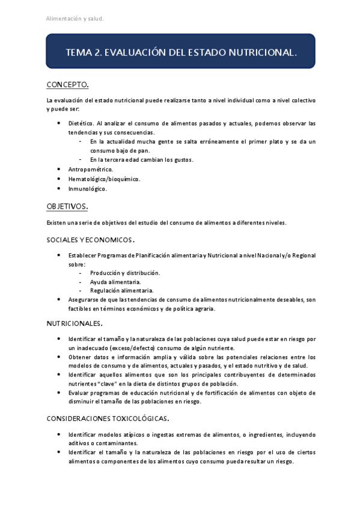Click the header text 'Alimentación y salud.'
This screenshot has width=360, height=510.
coord(75,19)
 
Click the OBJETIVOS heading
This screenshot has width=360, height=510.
coord(68,206)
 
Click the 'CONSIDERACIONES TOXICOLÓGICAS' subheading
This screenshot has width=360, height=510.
coord(107,418)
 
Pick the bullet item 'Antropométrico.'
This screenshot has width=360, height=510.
coord(90,170)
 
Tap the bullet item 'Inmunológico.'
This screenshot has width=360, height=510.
coord(87,188)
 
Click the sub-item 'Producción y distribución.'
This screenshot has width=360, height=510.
coord(124,273)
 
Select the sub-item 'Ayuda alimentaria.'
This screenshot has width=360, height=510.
coord(115,281)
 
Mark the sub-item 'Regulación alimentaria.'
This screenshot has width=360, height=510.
coord(121,290)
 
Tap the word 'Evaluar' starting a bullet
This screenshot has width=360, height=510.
coord(79,393)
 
